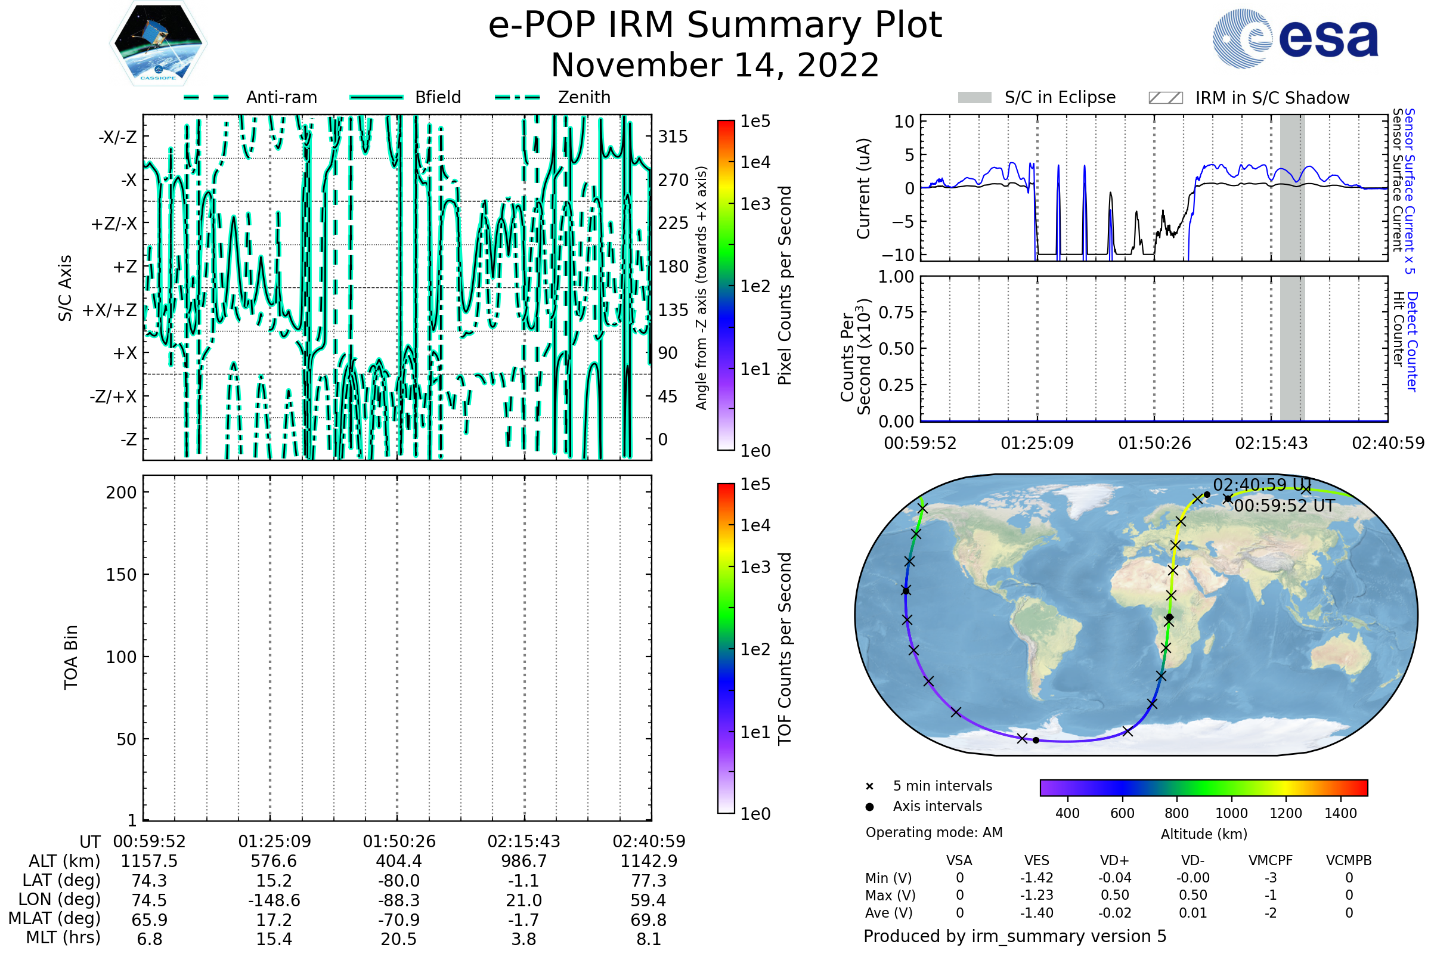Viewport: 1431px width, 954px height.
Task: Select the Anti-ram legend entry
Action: point(250,97)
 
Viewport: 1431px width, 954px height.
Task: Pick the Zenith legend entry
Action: point(553,97)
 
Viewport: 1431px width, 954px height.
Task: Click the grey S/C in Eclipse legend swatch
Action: point(974,98)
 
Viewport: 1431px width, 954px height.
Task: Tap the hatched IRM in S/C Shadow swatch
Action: point(1165,98)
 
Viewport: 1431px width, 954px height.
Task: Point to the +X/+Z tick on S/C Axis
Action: point(110,310)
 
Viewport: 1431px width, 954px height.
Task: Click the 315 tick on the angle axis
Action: point(673,137)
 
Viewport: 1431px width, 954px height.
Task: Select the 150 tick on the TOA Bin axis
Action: point(121,575)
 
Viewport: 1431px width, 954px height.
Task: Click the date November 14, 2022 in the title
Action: point(715,65)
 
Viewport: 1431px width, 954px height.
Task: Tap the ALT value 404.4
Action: point(398,861)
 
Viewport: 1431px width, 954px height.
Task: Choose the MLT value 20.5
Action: point(398,938)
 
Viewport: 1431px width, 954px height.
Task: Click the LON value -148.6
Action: point(274,900)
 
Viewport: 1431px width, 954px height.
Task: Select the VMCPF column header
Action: point(1271,860)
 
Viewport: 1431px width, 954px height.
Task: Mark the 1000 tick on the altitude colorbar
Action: point(1231,813)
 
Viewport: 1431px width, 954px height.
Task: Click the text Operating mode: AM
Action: point(934,832)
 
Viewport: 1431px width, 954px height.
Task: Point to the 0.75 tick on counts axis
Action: point(896,312)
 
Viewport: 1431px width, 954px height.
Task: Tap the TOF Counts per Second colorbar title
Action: point(785,649)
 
